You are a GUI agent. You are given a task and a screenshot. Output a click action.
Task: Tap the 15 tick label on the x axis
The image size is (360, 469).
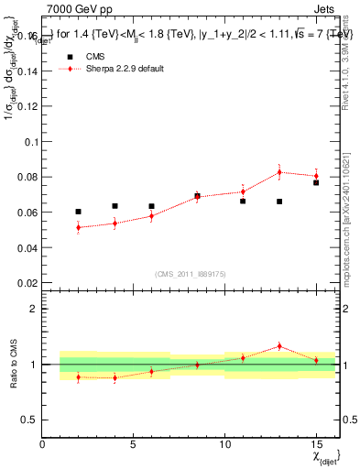(316, 444)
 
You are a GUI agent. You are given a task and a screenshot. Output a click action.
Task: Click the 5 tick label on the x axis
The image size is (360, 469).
(134, 444)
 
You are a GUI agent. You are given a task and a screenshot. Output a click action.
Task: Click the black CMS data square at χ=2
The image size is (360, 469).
(78, 212)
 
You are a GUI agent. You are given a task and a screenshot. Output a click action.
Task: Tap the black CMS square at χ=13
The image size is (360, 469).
(279, 202)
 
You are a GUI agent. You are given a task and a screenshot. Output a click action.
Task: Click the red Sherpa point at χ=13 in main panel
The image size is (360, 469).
(279, 172)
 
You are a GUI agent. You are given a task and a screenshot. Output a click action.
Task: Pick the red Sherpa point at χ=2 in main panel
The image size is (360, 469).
(78, 227)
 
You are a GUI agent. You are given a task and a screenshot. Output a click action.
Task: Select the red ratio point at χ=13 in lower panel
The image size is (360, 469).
(279, 346)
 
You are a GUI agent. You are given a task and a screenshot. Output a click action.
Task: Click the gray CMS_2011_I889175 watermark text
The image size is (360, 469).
(188, 273)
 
